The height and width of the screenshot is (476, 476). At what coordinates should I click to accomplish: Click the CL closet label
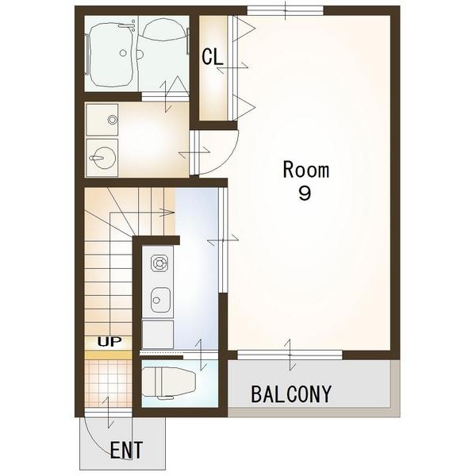213,56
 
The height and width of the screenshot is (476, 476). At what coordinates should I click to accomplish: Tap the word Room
305,170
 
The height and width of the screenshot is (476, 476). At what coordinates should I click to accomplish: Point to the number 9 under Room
305,193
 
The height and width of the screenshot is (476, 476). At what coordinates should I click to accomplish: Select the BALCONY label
291,394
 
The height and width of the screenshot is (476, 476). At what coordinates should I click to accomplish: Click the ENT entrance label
126,450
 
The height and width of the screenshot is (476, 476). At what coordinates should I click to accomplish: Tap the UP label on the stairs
109,342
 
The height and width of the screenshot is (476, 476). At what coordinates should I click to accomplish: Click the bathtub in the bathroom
111,53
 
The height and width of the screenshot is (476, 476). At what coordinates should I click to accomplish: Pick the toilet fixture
169,382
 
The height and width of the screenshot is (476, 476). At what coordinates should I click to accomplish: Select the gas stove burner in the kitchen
159,263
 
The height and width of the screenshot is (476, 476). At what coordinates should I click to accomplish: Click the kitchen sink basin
160,300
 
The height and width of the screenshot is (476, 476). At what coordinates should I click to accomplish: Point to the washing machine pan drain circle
113,120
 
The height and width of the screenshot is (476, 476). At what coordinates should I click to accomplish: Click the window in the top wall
286,10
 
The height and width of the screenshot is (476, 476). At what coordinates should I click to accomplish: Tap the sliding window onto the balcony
290,355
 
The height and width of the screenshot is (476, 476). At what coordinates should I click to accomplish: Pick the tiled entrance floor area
109,384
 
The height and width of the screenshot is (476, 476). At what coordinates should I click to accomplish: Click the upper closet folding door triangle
244,29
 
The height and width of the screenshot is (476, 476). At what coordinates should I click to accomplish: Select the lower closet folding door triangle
244,107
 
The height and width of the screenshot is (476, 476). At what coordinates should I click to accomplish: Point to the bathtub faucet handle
127,26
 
